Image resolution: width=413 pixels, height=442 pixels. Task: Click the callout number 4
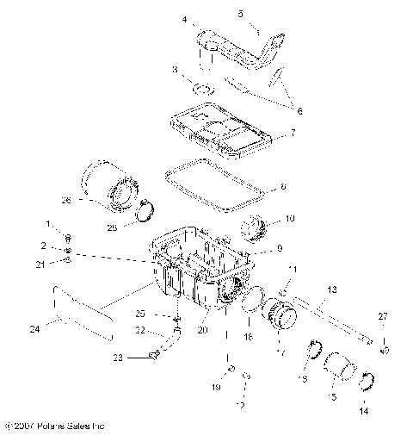click(183, 19)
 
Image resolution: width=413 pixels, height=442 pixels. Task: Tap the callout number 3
click(176, 69)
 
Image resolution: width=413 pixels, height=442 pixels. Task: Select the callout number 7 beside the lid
click(293, 134)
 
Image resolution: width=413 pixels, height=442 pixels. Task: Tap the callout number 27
click(384, 317)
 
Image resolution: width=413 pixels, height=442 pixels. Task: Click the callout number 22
click(139, 330)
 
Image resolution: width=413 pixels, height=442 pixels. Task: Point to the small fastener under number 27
click(384, 350)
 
